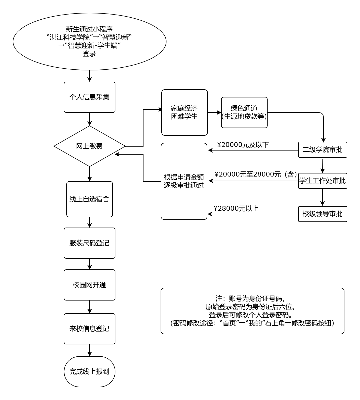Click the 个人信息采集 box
click(x=90, y=97)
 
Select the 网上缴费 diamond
click(x=90, y=146)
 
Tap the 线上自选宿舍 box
click(x=90, y=199)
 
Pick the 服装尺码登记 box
click(x=90, y=243)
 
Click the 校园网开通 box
click(x=90, y=285)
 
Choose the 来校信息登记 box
click(x=90, y=329)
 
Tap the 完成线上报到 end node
click(x=90, y=372)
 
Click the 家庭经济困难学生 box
click(x=185, y=112)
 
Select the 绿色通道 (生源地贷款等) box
click(x=244, y=112)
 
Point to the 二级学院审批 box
click(x=323, y=150)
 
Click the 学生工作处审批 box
click(x=323, y=181)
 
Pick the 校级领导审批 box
click(x=323, y=214)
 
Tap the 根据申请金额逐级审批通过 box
click(x=184, y=181)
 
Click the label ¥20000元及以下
click(x=243, y=145)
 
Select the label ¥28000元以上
click(x=236, y=209)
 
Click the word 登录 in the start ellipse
click(x=89, y=54)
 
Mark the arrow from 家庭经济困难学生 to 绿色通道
click(x=214, y=112)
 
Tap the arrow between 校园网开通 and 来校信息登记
click(x=90, y=307)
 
